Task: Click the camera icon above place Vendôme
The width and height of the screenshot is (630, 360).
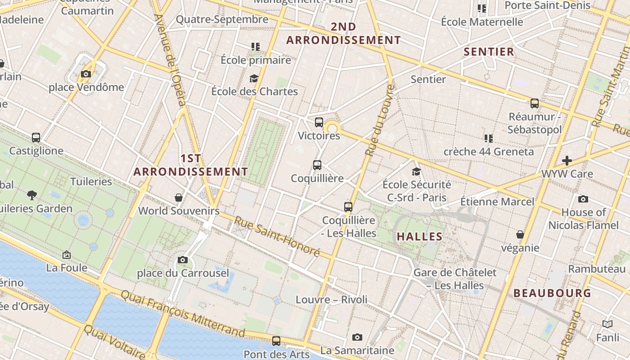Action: pos(86,74)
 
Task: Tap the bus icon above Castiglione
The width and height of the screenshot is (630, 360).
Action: pos(36,138)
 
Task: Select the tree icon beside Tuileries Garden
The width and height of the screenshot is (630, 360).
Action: pos(32,195)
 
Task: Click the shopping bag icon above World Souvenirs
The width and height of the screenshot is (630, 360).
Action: pos(179,198)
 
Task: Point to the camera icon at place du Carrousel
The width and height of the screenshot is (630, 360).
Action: pos(183,260)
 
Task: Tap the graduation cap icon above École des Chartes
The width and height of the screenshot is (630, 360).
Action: pos(254,78)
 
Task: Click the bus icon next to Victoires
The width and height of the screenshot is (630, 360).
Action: pos(319,122)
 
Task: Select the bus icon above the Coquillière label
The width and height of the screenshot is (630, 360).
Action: pos(317,165)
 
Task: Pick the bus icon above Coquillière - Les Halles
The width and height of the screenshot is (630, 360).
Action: pos(348,207)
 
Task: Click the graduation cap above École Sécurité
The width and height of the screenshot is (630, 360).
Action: pos(417,171)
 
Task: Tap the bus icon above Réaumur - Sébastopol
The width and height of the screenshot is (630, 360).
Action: pos(535,103)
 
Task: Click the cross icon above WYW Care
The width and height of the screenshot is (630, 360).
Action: pos(567,160)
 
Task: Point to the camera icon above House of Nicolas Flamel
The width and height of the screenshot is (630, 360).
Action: pos(583,199)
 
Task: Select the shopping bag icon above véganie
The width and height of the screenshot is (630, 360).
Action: pos(520,234)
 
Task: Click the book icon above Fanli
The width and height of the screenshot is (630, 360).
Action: pos(607,324)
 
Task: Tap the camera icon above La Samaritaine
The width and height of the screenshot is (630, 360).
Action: pos(357,337)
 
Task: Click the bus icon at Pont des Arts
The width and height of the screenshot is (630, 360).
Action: pos(276,341)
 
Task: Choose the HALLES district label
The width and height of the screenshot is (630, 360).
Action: pos(419,237)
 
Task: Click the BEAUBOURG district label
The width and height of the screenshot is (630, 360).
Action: pos(552,293)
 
